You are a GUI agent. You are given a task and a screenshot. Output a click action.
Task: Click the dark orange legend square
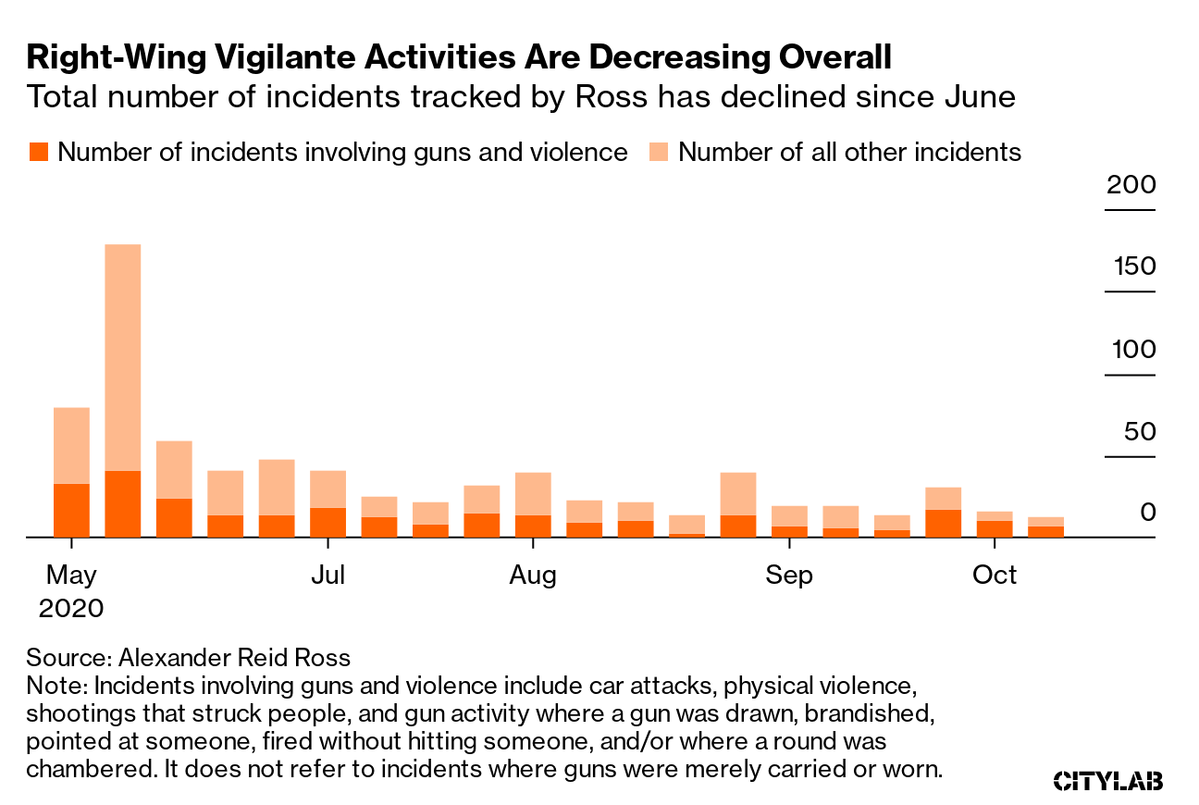coord(37,152)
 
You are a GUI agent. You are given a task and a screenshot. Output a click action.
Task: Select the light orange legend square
coord(658,152)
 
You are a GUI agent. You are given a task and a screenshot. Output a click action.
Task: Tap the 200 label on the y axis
coord(1131,185)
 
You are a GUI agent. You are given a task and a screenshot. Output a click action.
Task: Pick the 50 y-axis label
coord(1138,432)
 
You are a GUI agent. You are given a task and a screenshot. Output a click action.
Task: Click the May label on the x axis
coord(71,576)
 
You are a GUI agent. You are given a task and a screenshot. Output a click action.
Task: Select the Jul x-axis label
coord(328,576)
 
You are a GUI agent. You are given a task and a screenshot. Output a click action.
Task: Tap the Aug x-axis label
coord(533,576)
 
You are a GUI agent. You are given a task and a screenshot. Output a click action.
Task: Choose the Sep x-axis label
coord(789,576)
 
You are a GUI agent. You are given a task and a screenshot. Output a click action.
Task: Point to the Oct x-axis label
coord(995,576)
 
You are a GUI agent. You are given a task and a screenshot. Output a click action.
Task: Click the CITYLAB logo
coord(1108,781)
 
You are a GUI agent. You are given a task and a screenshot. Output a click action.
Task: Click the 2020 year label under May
coord(71,609)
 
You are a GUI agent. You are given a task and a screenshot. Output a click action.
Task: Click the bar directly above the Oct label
coord(995,525)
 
